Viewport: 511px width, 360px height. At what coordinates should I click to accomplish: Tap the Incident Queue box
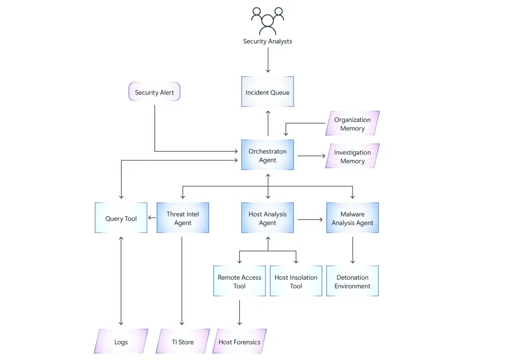pyautogui.click(x=268, y=92)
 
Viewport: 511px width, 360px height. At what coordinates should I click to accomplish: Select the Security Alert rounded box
pyautogui.click(x=154, y=92)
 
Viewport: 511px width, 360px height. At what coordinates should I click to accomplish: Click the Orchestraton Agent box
pyautogui.click(x=268, y=156)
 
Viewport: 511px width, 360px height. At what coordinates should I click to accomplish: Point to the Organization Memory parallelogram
pyautogui.click(x=353, y=124)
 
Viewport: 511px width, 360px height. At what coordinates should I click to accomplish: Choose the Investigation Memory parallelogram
pyautogui.click(x=353, y=157)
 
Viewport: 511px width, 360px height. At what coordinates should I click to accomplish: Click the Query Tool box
pyautogui.click(x=121, y=218)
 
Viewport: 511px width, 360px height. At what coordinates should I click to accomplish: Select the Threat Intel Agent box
pyautogui.click(x=183, y=218)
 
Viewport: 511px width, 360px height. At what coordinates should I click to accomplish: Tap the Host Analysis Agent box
pyautogui.click(x=268, y=218)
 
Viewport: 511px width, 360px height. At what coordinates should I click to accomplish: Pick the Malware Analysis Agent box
pyautogui.click(x=353, y=218)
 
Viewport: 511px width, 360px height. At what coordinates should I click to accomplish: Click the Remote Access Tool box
pyautogui.click(x=239, y=281)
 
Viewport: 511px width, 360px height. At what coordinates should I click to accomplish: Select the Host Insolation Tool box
pyautogui.click(x=296, y=281)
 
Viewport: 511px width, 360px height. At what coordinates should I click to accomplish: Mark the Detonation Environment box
pyautogui.click(x=353, y=281)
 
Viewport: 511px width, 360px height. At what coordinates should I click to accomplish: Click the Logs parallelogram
pyautogui.click(x=121, y=342)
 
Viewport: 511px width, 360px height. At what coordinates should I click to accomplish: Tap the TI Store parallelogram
pyautogui.click(x=183, y=342)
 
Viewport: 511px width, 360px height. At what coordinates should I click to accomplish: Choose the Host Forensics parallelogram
pyautogui.click(x=239, y=342)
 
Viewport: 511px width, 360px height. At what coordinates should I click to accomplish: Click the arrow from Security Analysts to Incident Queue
pyautogui.click(x=268, y=60)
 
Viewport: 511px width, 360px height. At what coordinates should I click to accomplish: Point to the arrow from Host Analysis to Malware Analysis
pyautogui.click(x=310, y=219)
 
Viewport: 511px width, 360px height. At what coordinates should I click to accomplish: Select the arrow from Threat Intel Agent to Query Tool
pyautogui.click(x=152, y=218)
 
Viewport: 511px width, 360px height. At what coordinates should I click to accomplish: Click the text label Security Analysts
pyautogui.click(x=268, y=41)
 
